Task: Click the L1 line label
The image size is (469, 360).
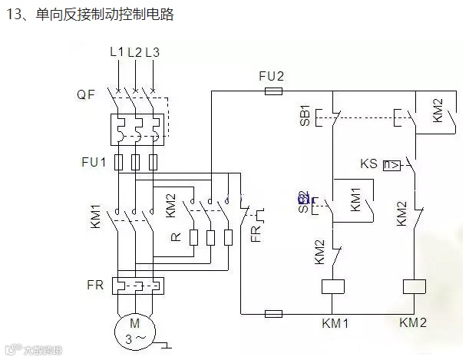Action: [x=117, y=52]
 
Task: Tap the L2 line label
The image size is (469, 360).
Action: [x=134, y=52]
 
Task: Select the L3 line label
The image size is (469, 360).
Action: [x=152, y=52]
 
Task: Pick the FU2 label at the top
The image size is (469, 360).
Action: [x=271, y=76]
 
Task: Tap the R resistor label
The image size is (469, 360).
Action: [x=176, y=237]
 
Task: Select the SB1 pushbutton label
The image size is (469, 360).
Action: [x=304, y=114]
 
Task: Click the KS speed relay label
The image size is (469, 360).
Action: [x=368, y=163]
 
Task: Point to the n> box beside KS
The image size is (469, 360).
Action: [x=391, y=164]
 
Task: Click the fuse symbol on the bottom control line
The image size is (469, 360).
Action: [x=272, y=313]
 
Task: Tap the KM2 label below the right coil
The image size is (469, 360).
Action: [x=415, y=322]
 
